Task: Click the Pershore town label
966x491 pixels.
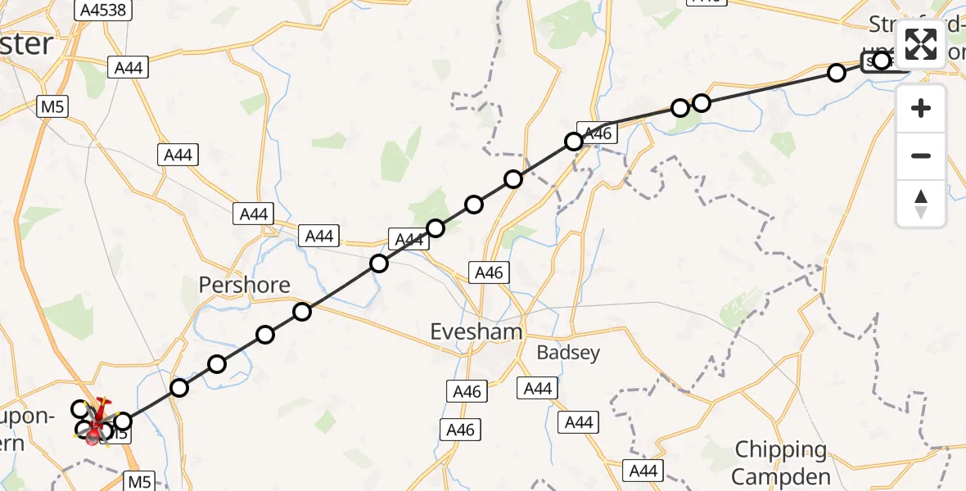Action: point(245,285)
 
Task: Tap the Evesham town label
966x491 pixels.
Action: point(476,331)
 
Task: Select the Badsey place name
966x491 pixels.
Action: point(568,353)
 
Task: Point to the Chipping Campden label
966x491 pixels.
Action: point(780,462)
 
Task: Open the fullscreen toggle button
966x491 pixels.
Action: point(921,44)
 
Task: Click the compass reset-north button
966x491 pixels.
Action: point(921,204)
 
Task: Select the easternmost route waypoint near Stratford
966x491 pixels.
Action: point(881,61)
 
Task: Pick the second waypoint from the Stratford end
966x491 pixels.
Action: point(837,73)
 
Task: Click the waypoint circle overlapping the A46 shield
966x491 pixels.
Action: point(574,142)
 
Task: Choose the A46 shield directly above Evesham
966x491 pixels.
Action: point(490,273)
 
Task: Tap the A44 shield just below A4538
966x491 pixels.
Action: point(129,67)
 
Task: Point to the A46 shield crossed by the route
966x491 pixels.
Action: point(595,133)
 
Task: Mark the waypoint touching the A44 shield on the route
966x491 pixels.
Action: point(435,227)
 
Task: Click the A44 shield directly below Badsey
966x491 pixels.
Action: point(537,388)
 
